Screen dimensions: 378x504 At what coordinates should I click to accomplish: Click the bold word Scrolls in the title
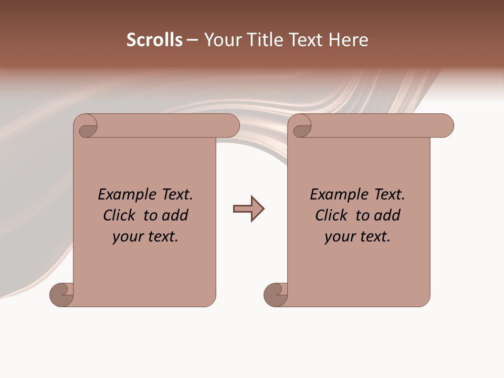pyautogui.click(x=154, y=40)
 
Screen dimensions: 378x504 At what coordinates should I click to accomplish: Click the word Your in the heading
pyautogui.click(x=223, y=40)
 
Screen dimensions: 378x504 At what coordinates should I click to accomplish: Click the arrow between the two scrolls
pyautogui.click(x=249, y=209)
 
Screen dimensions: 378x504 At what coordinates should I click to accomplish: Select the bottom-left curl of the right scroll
pyautogui.click(x=276, y=295)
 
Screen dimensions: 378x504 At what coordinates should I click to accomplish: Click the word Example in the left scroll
pyautogui.click(x=122, y=194)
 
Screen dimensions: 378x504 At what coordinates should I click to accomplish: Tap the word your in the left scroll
pyautogui.click(x=126, y=237)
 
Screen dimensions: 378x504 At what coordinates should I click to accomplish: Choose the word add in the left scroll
pyautogui.click(x=175, y=215)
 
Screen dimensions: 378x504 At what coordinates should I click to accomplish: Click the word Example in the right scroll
pyautogui.click(x=334, y=194)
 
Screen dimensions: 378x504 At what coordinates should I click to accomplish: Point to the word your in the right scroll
pyautogui.click(x=338, y=237)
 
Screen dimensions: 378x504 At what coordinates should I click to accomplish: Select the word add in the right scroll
pyautogui.click(x=387, y=215)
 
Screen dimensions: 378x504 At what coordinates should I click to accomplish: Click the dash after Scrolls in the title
pyautogui.click(x=192, y=40)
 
